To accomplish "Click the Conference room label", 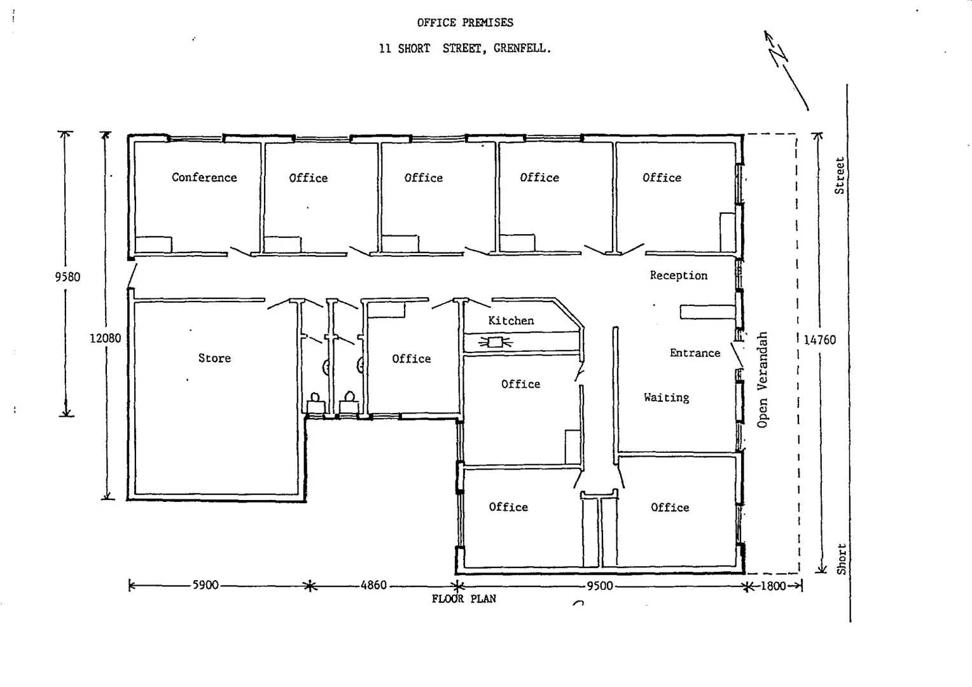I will click(204, 177).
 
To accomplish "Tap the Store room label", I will click(214, 358).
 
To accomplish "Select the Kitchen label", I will click(511, 321).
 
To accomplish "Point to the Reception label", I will click(678, 275).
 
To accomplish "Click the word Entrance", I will click(695, 353).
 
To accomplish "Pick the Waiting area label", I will click(666, 398).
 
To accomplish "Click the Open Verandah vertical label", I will click(763, 380).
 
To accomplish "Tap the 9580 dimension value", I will click(67, 277).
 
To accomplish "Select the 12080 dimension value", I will click(105, 338).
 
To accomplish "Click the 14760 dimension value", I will click(819, 340).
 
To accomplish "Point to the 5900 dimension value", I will click(205, 585).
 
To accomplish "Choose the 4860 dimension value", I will click(373, 585).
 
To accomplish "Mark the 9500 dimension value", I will click(599, 586).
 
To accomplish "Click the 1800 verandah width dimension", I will click(773, 586).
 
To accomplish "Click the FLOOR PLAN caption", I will click(464, 599).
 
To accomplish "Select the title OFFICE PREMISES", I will click(465, 23).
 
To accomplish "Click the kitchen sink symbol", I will click(494, 343).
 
